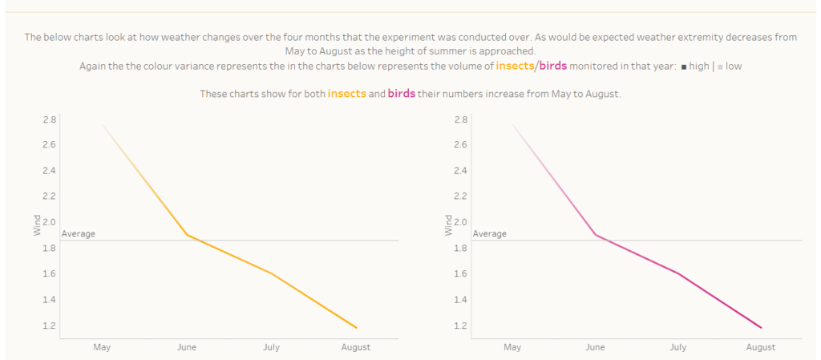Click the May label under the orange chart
pos(102,347)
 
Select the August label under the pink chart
pos(761,347)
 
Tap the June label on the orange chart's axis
pos(187,347)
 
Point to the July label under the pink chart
pos(678,347)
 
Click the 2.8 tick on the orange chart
pos(49,119)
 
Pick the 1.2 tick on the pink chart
pos(460,326)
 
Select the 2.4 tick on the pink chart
pos(460,171)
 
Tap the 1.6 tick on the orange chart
pos(49,274)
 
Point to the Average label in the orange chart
pos(79,234)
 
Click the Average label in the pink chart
pos(490,234)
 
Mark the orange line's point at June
pos(187,235)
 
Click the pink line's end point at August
pos(761,328)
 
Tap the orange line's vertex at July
pos(272,273)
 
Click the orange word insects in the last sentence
pos(347,94)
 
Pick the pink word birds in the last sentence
pos(402,94)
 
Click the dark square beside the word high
pos(683,67)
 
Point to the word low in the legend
pos(734,66)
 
